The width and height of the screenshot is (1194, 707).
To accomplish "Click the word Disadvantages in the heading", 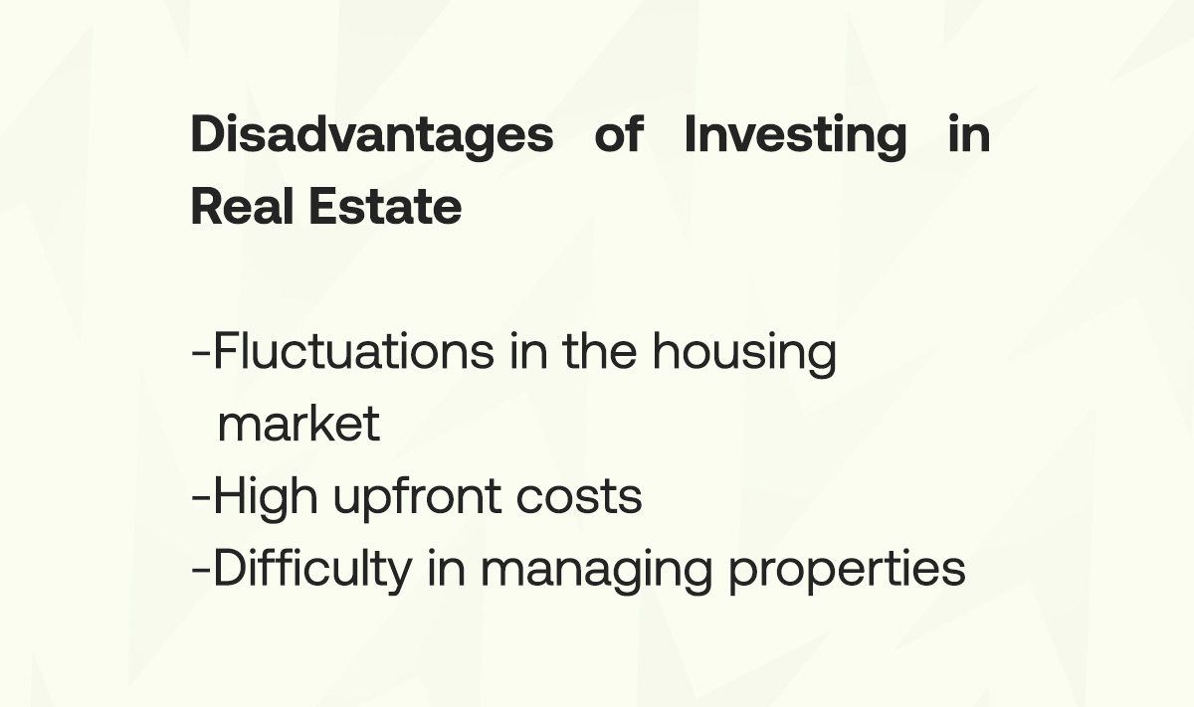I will tap(371, 134).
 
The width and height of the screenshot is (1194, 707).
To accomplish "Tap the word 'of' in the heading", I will tap(619, 134).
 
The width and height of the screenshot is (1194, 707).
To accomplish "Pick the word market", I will tap(298, 424).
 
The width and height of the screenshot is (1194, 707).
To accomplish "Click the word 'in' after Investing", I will tap(968, 134).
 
